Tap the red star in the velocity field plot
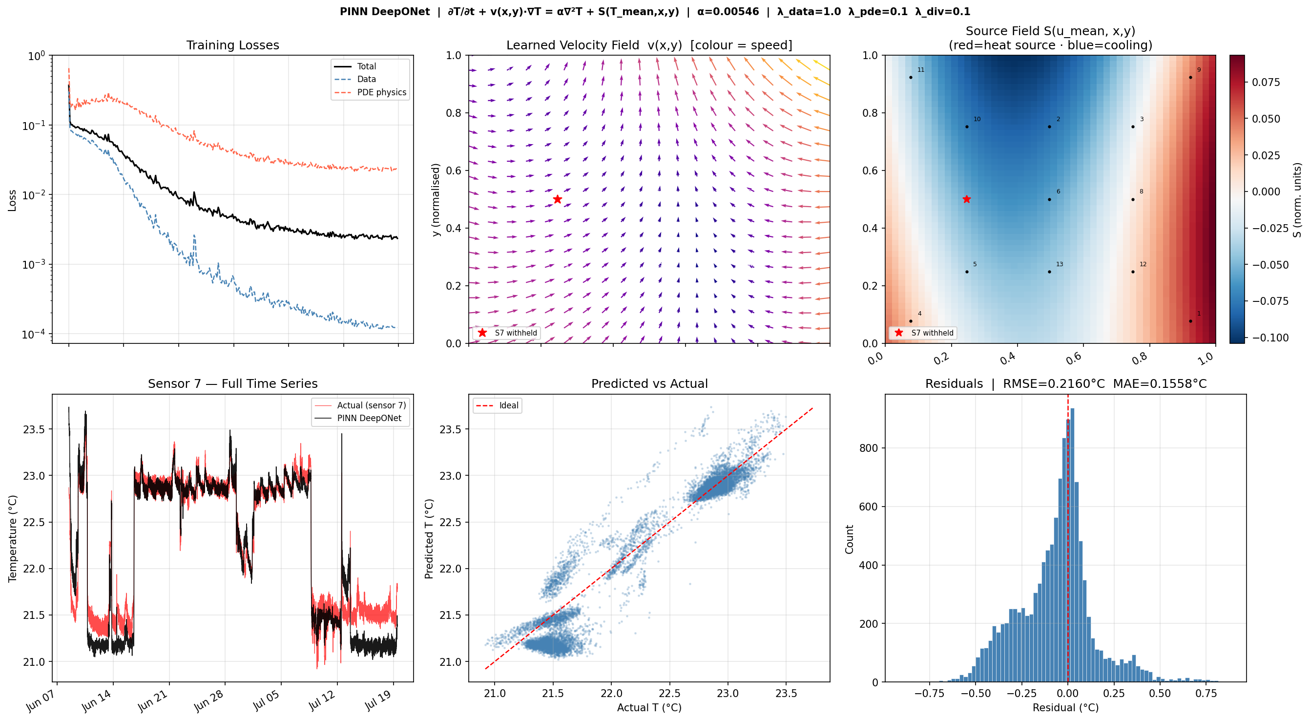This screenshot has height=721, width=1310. tap(558, 199)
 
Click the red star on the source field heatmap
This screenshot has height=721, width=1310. tap(967, 199)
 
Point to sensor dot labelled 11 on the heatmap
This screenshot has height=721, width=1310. tap(911, 77)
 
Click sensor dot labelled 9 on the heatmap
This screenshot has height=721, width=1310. tap(1190, 77)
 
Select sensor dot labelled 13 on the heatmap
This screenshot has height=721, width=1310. tap(1050, 272)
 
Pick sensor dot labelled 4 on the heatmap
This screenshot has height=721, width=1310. tap(911, 321)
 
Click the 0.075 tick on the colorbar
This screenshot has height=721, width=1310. tap(1266, 83)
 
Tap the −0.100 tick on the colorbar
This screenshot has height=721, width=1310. tap(1270, 338)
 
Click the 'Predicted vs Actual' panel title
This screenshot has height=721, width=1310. tap(649, 383)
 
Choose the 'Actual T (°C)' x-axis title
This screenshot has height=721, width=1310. tap(649, 707)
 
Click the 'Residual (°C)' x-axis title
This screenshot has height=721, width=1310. tap(1065, 707)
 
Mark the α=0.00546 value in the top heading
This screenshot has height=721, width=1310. tap(728, 12)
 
